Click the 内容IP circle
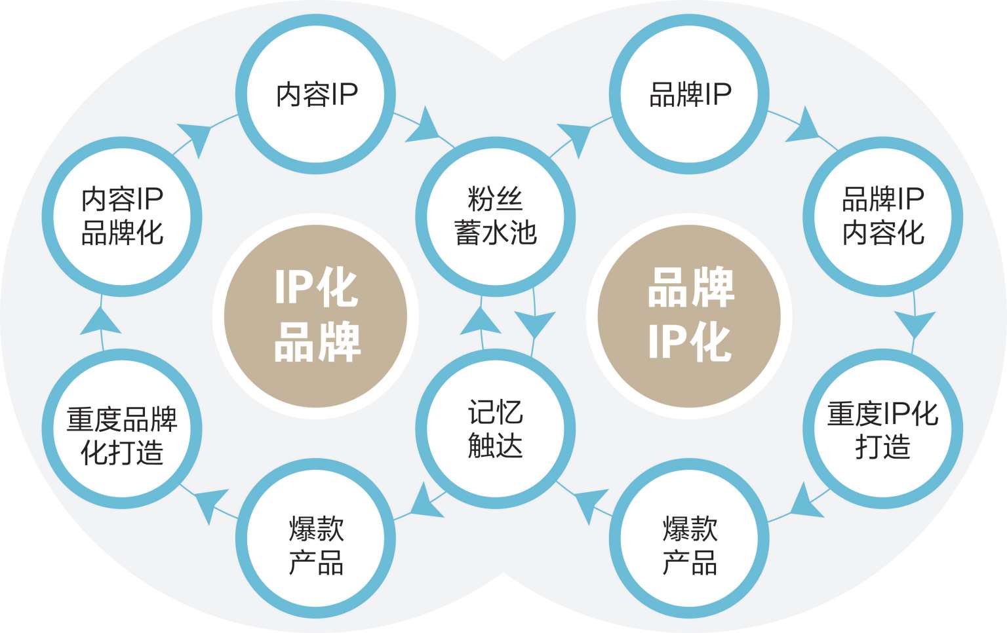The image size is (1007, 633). point(315,94)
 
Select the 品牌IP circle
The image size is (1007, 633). point(689,94)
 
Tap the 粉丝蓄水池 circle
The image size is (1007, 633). point(495,216)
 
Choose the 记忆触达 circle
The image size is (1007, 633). point(495,429)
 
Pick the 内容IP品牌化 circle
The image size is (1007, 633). point(122,216)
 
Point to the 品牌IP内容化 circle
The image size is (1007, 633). point(882,216)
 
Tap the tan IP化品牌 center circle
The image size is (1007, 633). point(315,316)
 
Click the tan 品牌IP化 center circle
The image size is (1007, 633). point(689,316)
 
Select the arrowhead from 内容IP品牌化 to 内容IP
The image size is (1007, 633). point(196,137)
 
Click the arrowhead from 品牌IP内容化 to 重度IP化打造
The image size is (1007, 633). point(914,323)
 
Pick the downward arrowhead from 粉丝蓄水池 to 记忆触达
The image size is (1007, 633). point(536,323)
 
